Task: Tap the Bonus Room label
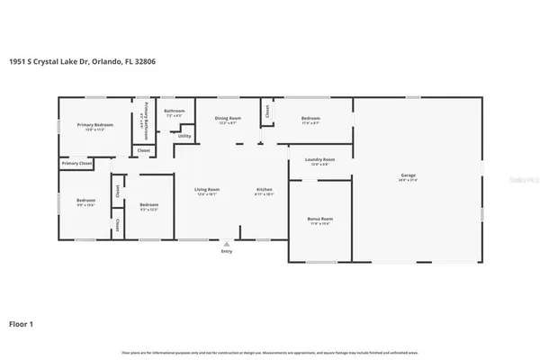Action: pyautogui.click(x=320, y=220)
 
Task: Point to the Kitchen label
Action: pyautogui.click(x=265, y=190)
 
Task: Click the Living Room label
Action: pyautogui.click(x=207, y=190)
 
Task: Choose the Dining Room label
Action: pyautogui.click(x=228, y=119)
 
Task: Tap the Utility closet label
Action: pyautogui.click(x=184, y=136)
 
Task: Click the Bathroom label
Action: pyautogui.click(x=174, y=112)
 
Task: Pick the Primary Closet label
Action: pyautogui.click(x=76, y=163)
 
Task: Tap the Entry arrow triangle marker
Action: pyautogui.click(x=226, y=242)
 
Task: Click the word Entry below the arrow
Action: pyautogui.click(x=226, y=251)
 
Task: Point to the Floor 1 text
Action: pyautogui.click(x=22, y=322)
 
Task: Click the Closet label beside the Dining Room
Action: pyautogui.click(x=267, y=112)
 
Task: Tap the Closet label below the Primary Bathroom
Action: pyautogui.click(x=143, y=150)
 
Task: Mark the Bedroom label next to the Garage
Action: pyautogui.click(x=310, y=119)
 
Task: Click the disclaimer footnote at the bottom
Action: pyautogui.click(x=270, y=351)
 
